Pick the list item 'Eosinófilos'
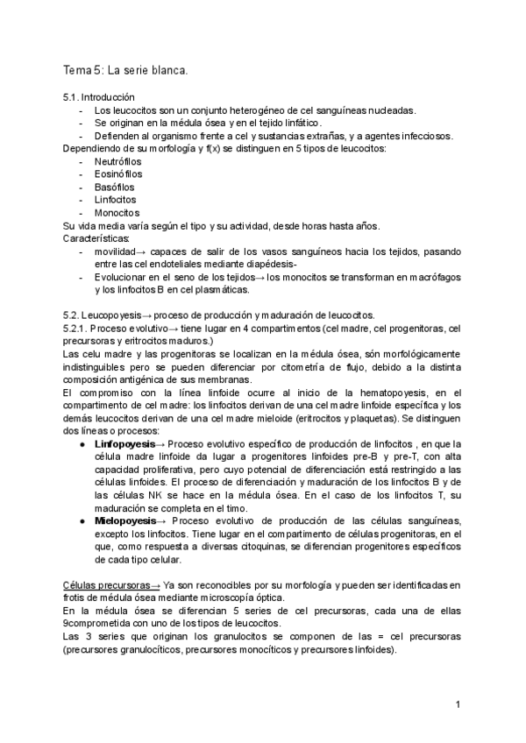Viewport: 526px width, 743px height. tap(118, 174)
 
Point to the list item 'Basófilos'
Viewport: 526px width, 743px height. tap(115, 188)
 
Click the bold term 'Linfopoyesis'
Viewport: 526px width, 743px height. tap(124, 444)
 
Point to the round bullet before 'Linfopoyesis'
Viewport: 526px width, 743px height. tap(82, 444)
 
